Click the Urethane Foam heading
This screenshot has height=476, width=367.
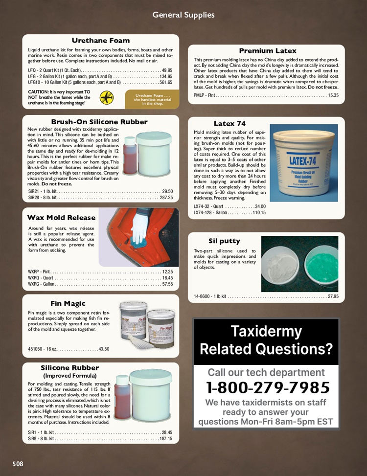tap(101, 40)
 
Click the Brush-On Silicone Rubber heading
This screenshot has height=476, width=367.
tap(99, 122)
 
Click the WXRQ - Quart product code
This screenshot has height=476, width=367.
tap(41, 277)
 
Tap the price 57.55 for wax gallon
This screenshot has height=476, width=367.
tap(167, 284)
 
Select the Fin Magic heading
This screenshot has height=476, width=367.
tap(68, 303)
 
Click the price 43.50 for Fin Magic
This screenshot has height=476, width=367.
tap(103, 349)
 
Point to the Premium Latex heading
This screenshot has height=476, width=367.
tap(268, 51)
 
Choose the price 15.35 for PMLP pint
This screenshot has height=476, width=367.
tap(333, 95)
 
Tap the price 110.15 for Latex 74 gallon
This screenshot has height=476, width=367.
tap(259, 213)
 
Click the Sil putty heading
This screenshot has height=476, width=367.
tap(224, 241)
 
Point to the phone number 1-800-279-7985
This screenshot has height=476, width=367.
tap(268, 387)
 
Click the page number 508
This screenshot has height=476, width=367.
tap(18, 463)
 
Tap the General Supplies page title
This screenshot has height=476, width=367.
tap(183, 15)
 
